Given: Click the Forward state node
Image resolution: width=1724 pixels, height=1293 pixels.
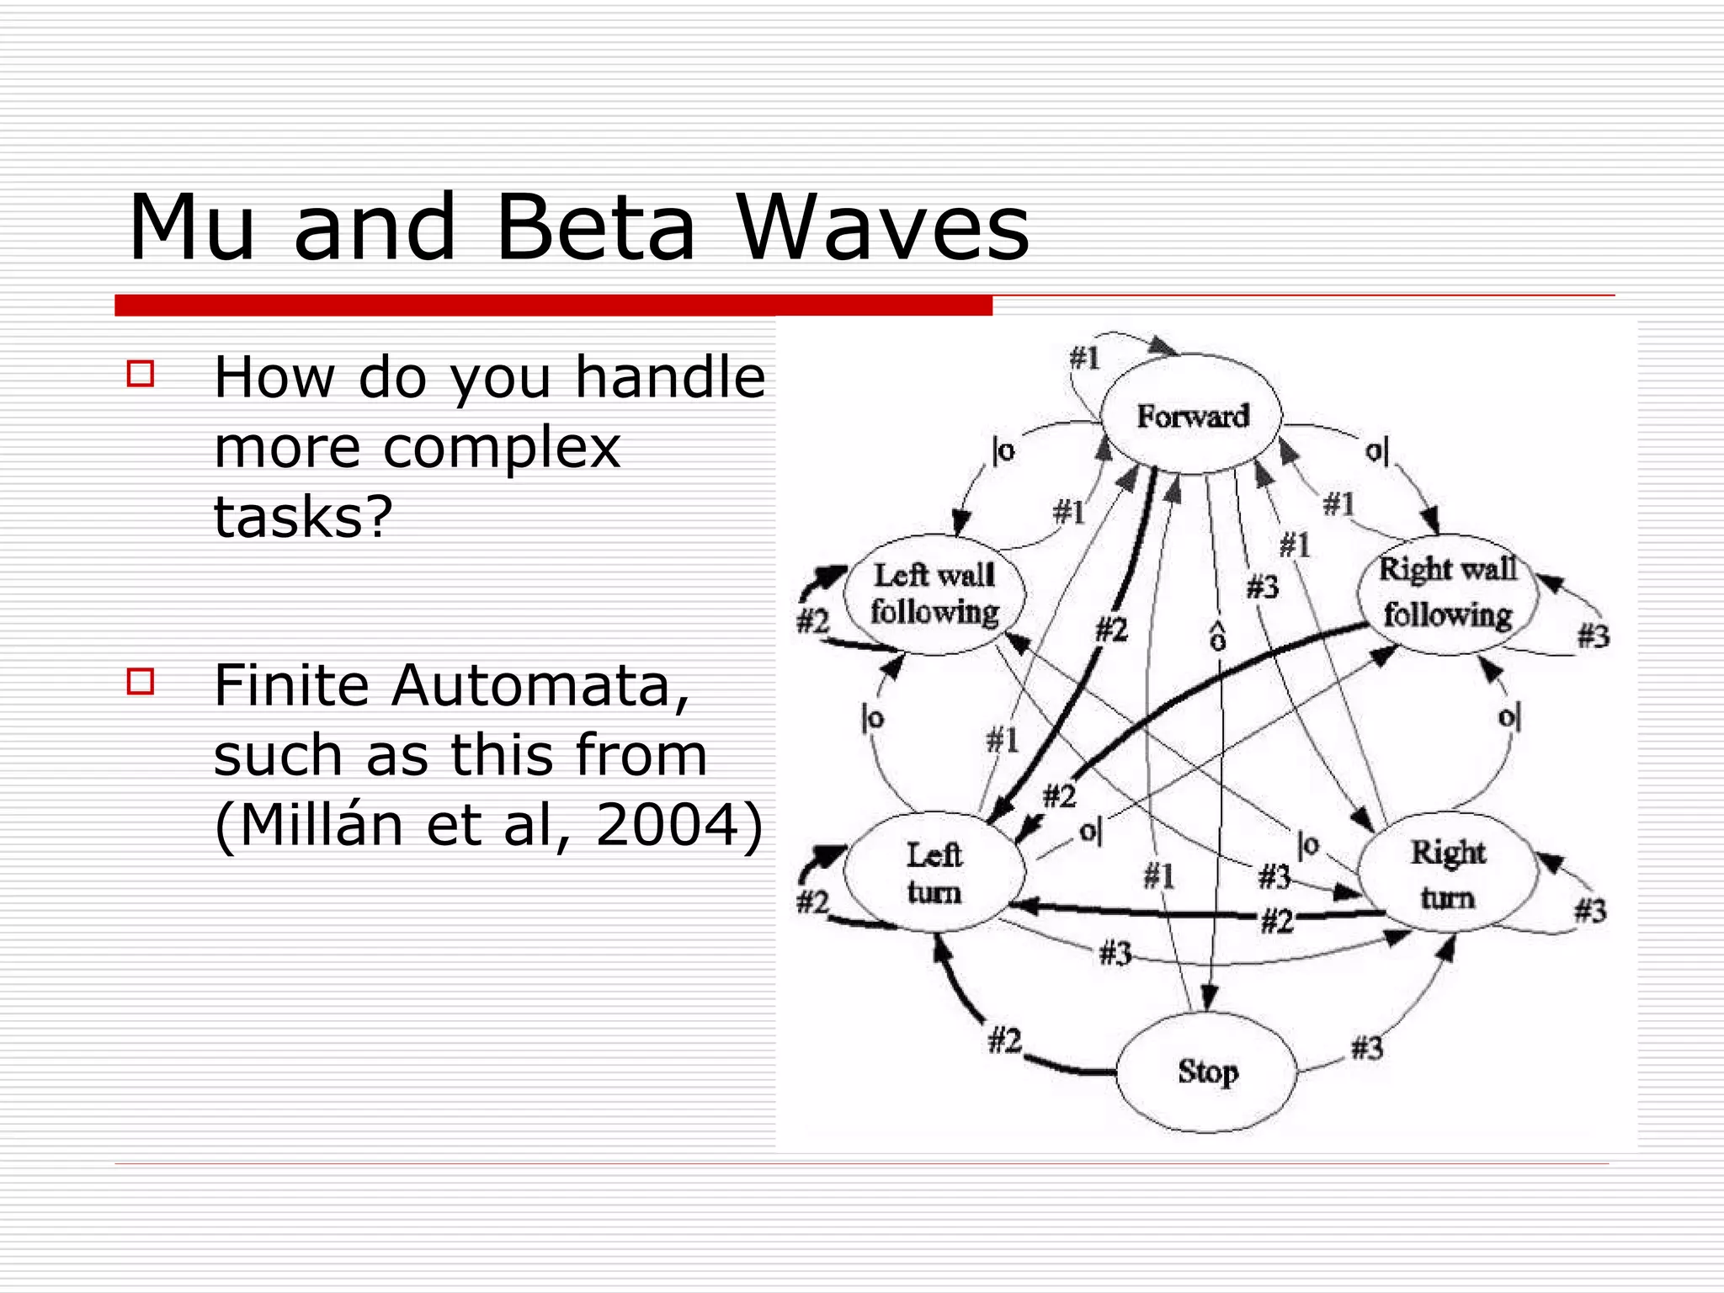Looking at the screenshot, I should [1192, 415].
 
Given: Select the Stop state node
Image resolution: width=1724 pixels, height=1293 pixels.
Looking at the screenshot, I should [1207, 1072].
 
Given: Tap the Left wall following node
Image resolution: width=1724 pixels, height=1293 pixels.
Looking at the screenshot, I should [934, 593].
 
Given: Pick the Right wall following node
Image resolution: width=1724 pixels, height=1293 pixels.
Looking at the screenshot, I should [1448, 592].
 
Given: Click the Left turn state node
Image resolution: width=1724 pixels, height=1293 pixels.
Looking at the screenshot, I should [934, 873].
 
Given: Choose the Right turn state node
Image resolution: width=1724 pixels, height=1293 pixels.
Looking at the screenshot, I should [1448, 874].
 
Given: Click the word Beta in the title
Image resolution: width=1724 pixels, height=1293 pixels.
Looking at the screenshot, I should [595, 228].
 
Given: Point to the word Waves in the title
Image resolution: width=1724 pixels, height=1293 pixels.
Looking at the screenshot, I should [883, 228].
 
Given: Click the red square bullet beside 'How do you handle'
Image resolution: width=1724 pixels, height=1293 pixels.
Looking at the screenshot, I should [141, 374].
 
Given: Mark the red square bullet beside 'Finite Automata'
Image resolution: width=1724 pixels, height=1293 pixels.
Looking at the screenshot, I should [141, 681].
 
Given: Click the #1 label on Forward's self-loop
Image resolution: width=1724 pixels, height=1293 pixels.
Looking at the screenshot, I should [1084, 359].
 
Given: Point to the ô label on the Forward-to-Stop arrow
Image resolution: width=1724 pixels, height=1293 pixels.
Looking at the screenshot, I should [1217, 637].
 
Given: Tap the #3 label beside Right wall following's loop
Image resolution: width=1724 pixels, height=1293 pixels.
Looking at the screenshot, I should [1593, 636].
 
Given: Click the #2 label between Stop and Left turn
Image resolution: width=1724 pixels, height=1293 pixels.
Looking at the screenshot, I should [1004, 1041].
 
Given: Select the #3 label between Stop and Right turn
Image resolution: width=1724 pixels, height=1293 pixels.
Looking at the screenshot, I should [1366, 1048].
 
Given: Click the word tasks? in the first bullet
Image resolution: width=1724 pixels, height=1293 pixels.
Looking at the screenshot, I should [303, 516].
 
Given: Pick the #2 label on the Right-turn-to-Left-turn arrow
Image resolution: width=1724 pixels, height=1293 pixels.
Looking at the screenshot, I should [1276, 922].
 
